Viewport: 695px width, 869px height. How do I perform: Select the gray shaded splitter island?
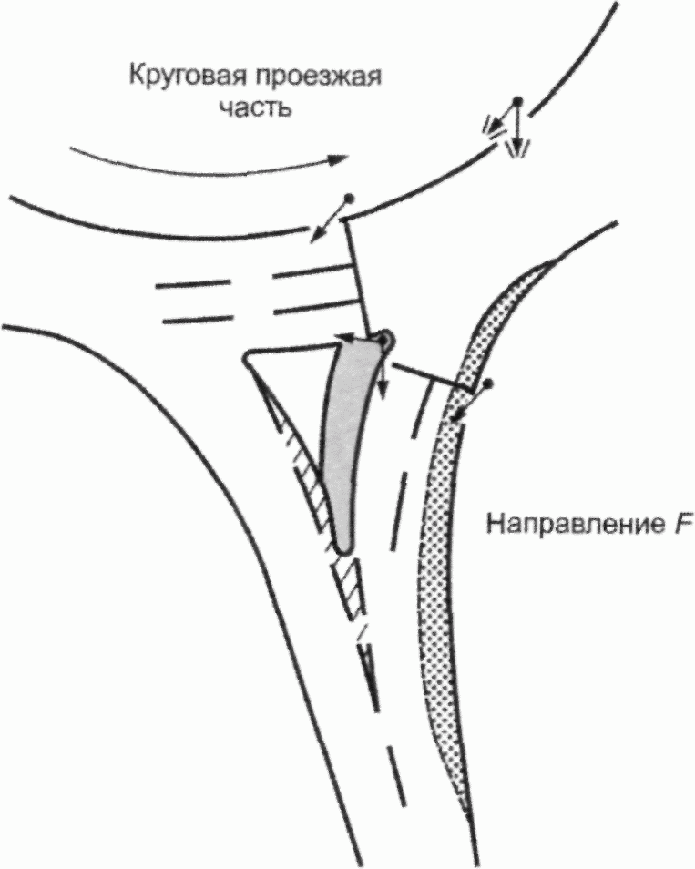[x=346, y=437]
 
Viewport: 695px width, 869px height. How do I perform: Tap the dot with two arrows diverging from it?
[x=517, y=99]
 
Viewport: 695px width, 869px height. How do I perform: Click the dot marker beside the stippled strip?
[x=489, y=384]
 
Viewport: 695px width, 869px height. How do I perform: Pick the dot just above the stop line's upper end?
[x=347, y=199]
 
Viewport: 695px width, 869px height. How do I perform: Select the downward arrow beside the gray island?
[x=383, y=383]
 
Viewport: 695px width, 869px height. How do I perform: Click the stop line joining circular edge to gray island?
[x=357, y=273]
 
